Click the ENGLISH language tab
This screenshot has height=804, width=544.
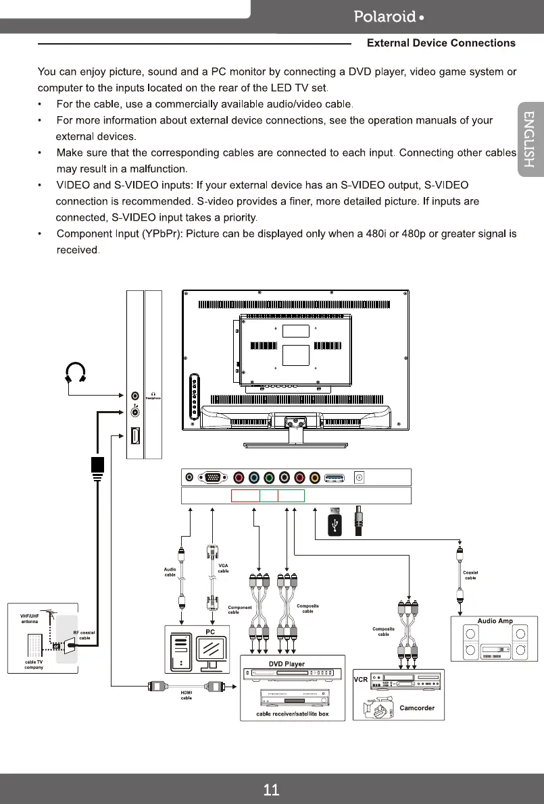coord(530,147)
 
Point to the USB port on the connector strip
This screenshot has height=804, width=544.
coord(335,478)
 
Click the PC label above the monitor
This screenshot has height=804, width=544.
coord(209,631)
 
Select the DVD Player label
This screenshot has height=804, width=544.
coord(287,664)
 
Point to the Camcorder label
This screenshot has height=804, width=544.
coord(416,708)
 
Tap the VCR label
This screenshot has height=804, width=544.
coord(360,679)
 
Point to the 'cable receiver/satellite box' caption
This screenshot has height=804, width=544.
coord(292,714)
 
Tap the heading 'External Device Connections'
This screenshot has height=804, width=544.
coord(441,43)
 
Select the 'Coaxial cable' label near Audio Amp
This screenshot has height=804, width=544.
coord(470,575)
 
